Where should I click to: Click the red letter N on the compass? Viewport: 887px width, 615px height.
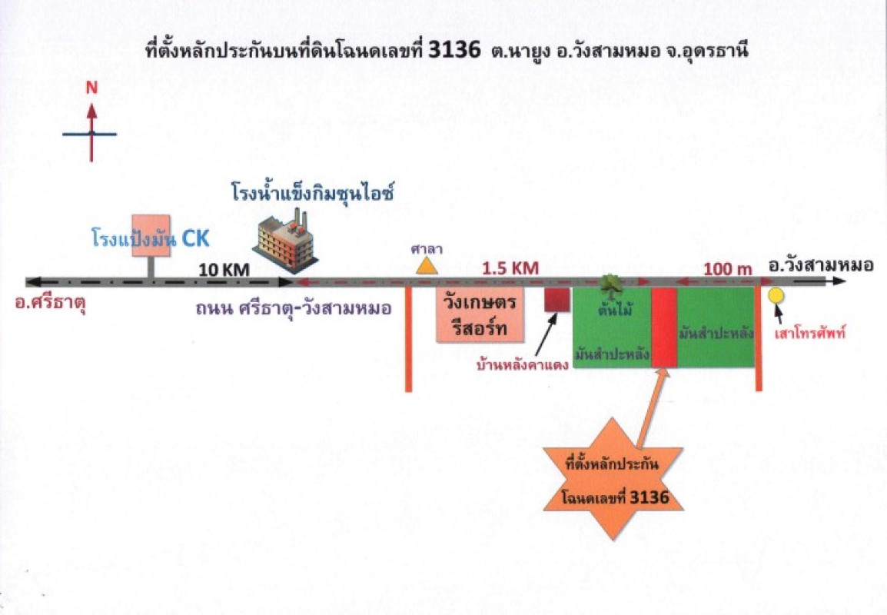(x=91, y=88)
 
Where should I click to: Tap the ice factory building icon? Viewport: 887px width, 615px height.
(x=285, y=239)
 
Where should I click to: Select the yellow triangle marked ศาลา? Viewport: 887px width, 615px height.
(x=424, y=265)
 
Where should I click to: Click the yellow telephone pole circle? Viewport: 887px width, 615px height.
(x=776, y=295)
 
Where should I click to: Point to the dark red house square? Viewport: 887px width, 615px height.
(x=556, y=300)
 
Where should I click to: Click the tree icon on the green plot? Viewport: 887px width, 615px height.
(x=611, y=284)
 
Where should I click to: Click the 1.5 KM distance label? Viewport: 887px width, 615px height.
(x=510, y=268)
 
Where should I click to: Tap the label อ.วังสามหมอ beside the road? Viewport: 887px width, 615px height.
(x=820, y=266)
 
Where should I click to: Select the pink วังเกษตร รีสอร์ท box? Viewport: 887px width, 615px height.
(x=480, y=315)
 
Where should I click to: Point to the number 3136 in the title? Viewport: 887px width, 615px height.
(x=457, y=51)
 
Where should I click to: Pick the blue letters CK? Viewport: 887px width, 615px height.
(x=195, y=240)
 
